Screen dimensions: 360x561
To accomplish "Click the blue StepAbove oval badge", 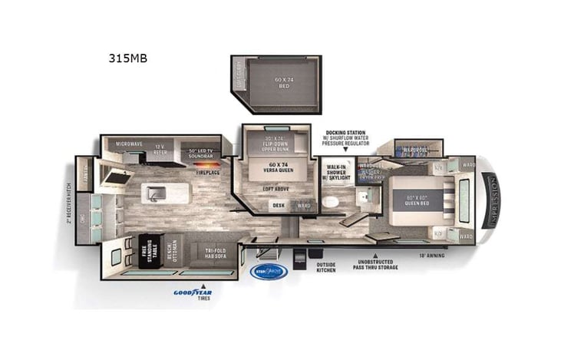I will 269,272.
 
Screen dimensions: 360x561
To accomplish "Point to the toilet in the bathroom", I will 329,203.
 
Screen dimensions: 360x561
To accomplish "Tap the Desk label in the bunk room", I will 278,205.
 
